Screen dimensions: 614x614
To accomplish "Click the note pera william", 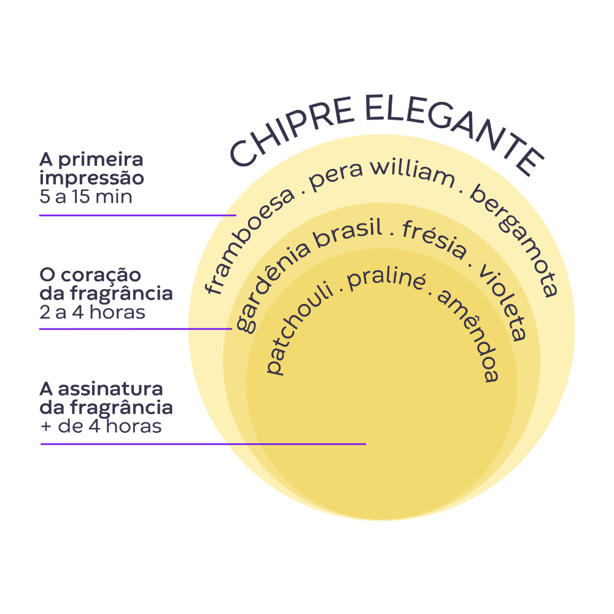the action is pyautogui.click(x=382, y=176).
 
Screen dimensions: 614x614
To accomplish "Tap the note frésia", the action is pyautogui.click(x=435, y=239).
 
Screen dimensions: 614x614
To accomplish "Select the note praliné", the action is pyautogui.click(x=386, y=280).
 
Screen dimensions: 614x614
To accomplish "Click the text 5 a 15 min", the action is pyautogui.click(x=86, y=196).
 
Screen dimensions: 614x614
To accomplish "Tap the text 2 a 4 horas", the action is pyautogui.click(x=93, y=313).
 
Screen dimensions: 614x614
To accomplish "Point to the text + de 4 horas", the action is pyautogui.click(x=101, y=426).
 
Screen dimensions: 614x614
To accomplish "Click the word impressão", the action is pyautogui.click(x=91, y=179).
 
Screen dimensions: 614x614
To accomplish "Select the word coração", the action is pyautogui.click(x=101, y=276).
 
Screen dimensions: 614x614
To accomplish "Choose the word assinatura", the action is pyautogui.click(x=111, y=389).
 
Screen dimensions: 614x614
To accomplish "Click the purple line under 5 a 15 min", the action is pyautogui.click(x=138, y=215).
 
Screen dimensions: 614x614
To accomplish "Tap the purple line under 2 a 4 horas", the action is pyautogui.click(x=136, y=329).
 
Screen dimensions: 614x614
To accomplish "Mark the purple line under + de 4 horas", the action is pyautogui.click(x=203, y=444).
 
